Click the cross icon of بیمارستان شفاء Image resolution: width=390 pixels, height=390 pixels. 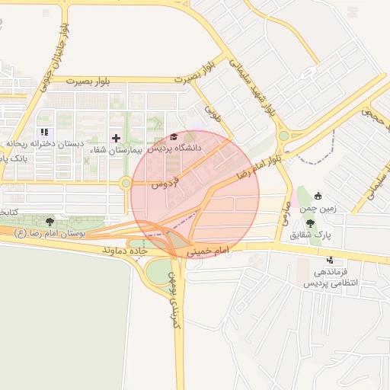coord(116,138)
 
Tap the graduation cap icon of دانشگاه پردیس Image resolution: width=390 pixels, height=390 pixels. coord(174,137)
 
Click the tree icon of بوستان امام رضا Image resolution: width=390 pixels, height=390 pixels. coord(50,221)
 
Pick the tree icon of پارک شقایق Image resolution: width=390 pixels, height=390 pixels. coord(311,223)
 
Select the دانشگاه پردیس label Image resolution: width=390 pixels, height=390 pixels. coord(175,149)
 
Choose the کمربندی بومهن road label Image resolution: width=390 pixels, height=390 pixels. coord(174,297)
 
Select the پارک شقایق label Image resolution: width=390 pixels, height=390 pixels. coord(315,235)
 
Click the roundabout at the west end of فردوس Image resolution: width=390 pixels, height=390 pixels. coord(125,183)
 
